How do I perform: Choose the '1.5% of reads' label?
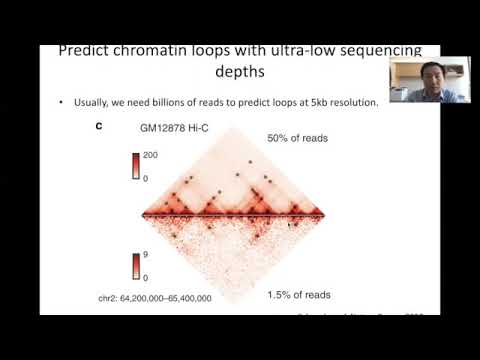coord(304,296)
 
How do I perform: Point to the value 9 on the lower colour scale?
coord(146,256)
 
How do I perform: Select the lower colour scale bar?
coord(136,266)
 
